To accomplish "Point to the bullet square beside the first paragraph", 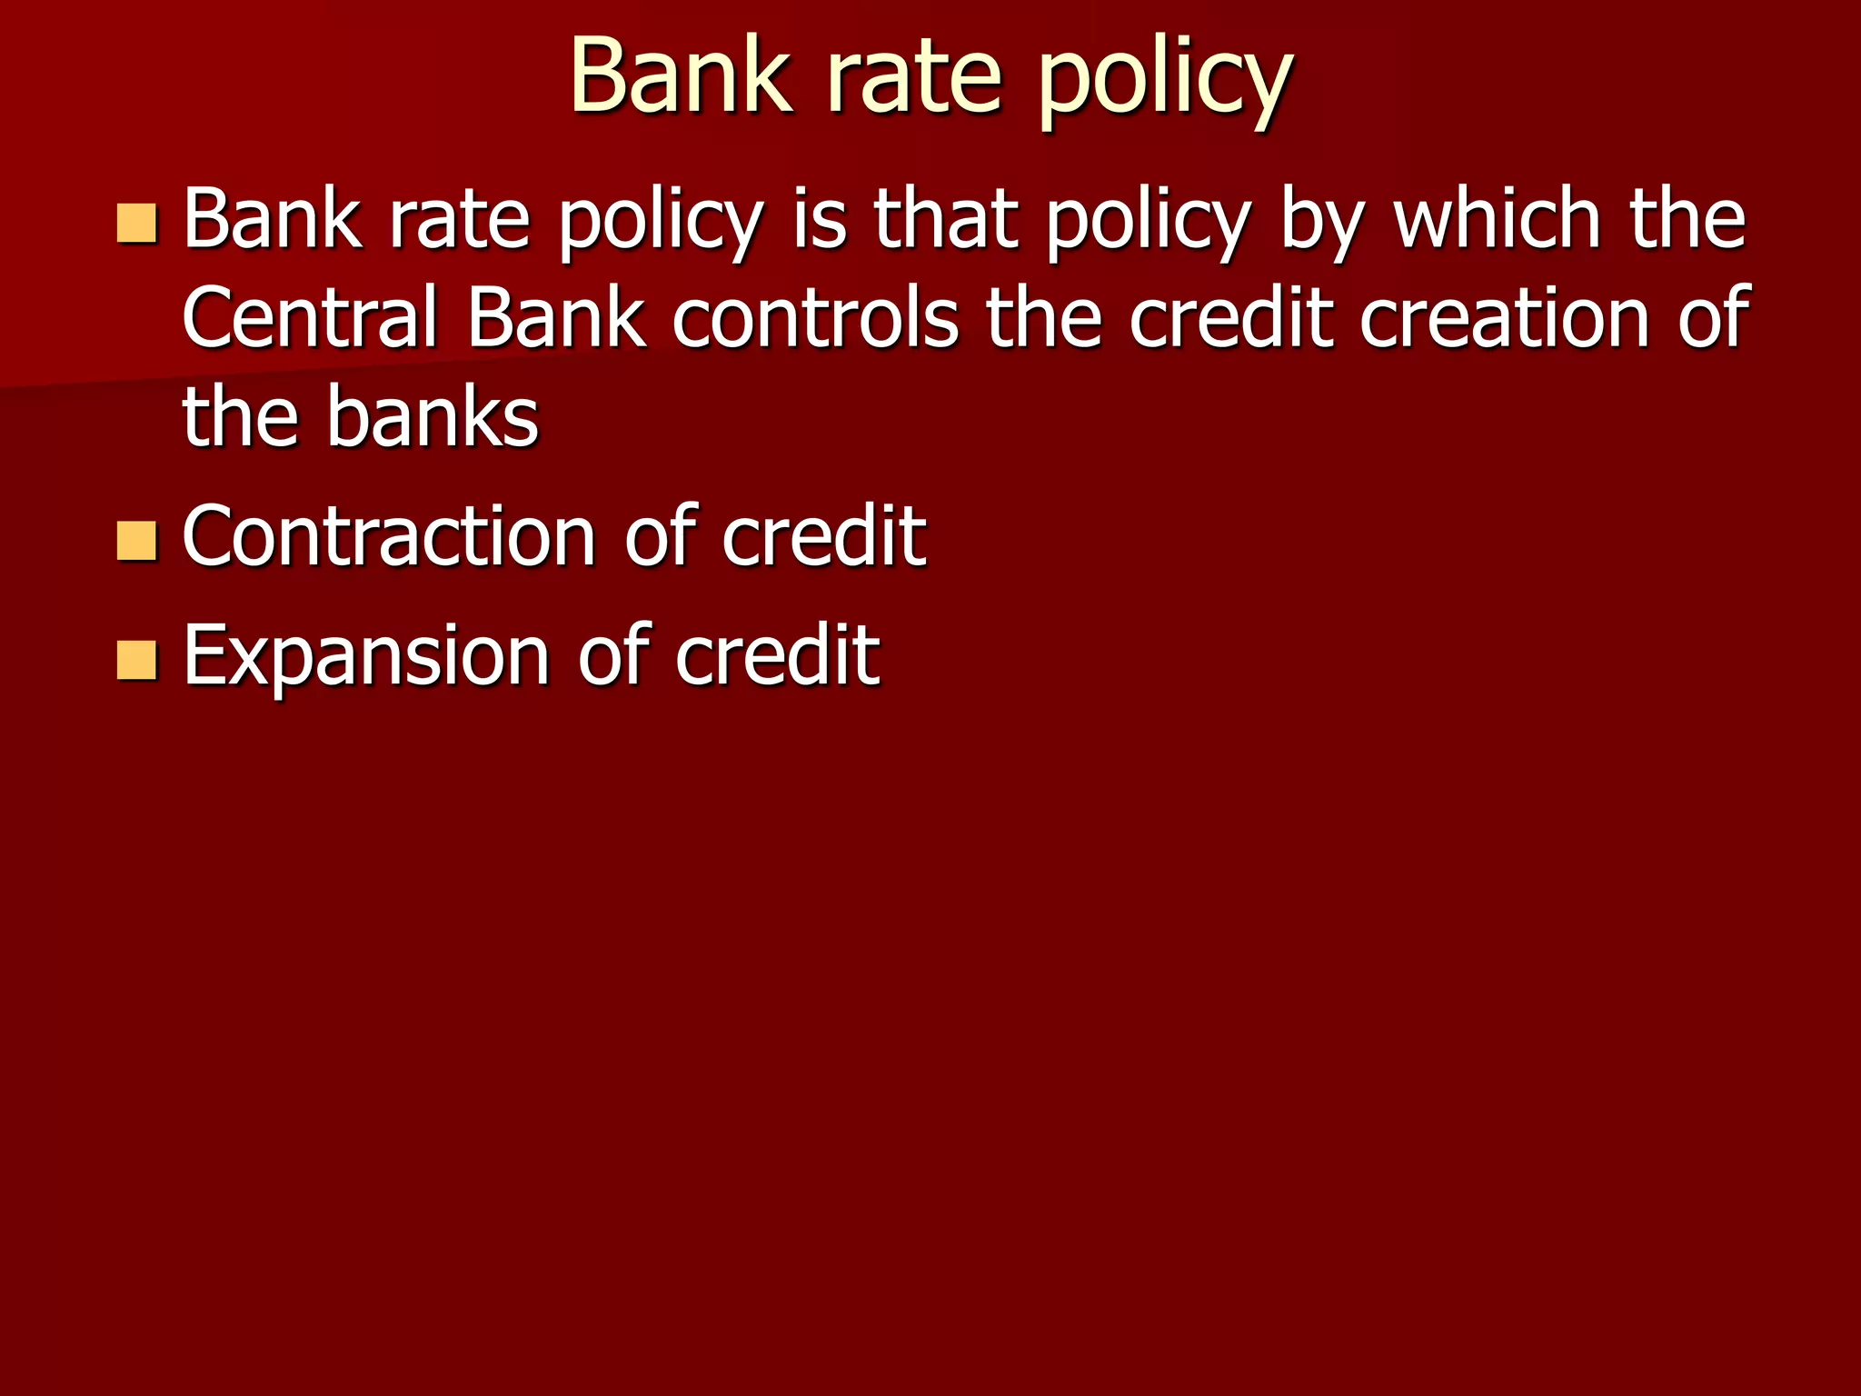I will click(x=137, y=224).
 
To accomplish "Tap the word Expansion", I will click(x=366, y=656).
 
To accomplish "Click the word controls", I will click(x=815, y=318).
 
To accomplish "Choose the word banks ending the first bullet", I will click(x=433, y=418).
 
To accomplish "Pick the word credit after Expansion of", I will click(x=777, y=656).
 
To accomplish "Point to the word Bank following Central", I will click(x=556, y=318).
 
